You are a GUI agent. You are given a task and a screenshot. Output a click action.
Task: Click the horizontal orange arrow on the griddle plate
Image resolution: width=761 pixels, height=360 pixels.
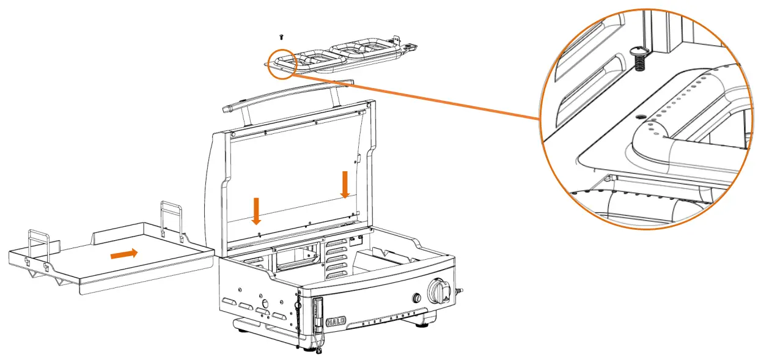coord(123,254)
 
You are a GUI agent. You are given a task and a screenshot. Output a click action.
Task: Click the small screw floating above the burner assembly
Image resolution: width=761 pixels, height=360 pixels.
coord(282,38)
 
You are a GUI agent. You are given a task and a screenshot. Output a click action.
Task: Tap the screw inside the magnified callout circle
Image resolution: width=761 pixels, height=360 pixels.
coord(639,60)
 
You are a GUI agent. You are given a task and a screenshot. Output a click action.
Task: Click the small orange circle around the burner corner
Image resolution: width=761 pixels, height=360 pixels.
coord(283,64)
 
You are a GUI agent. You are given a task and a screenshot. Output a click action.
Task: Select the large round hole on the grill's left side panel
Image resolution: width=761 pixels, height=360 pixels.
coord(266,303)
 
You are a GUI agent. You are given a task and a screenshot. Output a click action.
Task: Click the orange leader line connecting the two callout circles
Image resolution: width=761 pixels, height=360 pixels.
coord(416,96)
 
